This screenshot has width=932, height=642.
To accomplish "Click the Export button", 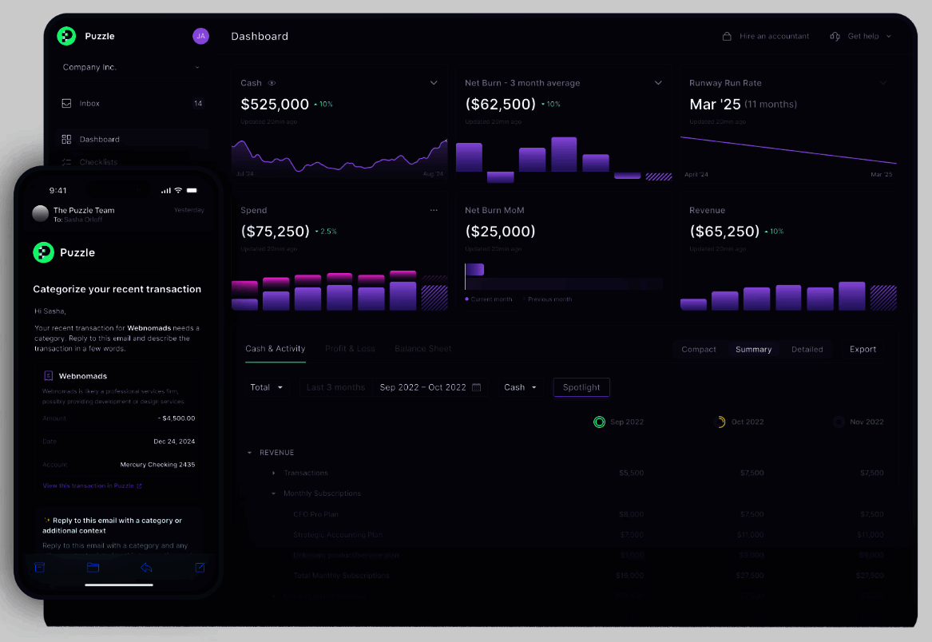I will click(863, 349).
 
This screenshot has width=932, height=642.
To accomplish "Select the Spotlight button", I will click(581, 387).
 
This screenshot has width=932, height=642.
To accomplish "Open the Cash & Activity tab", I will click(275, 349).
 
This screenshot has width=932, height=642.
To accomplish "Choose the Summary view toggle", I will click(753, 349).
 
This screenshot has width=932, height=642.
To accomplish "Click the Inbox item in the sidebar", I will click(89, 104).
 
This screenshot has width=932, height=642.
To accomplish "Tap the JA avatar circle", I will click(200, 36).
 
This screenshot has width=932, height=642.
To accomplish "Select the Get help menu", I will click(862, 36).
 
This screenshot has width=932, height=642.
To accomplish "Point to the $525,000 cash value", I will click(275, 105).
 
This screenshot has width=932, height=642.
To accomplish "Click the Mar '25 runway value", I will click(715, 105).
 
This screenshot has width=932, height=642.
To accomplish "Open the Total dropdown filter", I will click(266, 387).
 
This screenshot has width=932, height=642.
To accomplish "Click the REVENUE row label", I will click(276, 453).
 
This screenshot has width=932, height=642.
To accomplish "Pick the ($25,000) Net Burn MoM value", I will click(500, 232).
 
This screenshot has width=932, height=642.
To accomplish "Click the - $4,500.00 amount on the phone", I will click(176, 418).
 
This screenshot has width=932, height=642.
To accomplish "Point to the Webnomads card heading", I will click(83, 376).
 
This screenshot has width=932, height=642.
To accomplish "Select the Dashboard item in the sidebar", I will click(99, 140).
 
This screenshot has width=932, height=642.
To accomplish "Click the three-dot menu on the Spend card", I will click(434, 210).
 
